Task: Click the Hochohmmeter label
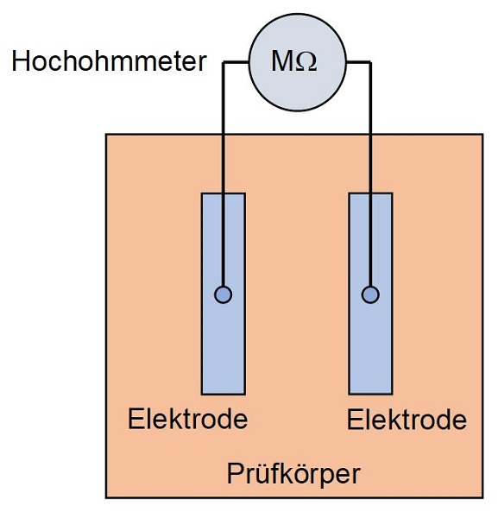109,61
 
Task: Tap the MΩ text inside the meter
294,61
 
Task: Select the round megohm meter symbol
298,62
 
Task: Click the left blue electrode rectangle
224,294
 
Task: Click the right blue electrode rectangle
370,294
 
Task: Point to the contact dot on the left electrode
224,294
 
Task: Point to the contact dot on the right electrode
370,294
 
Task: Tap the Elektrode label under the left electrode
187,419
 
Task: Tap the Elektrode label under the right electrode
407,420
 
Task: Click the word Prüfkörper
293,474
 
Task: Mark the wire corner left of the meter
224,62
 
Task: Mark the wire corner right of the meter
370,62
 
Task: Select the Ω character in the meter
306,62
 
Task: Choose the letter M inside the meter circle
283,61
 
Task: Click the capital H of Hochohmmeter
21,61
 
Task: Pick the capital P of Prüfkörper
235,473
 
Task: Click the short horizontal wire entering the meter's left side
236,62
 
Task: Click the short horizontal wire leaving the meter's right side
359,62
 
